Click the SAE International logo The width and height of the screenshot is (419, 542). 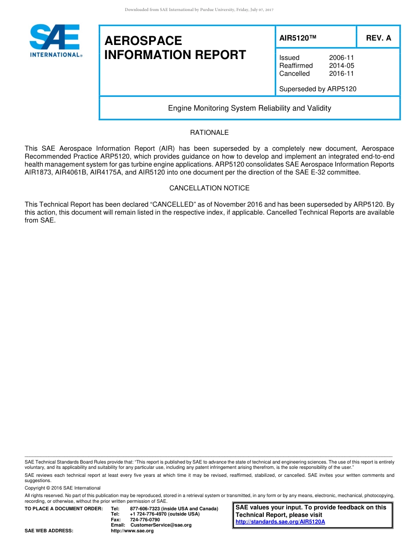[55, 41]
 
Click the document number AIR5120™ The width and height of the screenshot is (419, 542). [298, 38]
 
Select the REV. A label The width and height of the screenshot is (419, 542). [378, 38]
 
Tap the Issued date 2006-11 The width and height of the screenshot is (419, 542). [341, 58]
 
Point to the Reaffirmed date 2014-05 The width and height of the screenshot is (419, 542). [341, 66]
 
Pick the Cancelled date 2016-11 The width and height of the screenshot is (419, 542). [341, 74]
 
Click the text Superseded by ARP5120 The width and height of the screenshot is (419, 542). [318, 89]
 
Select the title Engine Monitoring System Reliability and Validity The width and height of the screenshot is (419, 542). [249, 108]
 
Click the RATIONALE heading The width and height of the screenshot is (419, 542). [209, 133]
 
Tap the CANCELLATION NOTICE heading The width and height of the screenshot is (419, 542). [209, 188]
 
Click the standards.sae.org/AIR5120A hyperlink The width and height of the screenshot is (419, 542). [280, 522]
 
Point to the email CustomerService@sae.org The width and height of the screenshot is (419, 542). [161, 525]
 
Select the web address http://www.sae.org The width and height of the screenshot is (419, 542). [132, 531]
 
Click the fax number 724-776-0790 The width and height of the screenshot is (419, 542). [145, 520]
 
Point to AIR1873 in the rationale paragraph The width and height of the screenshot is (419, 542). [38, 172]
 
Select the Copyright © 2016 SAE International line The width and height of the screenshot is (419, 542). [62, 488]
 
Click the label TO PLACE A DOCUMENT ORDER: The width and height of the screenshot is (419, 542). [64, 509]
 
